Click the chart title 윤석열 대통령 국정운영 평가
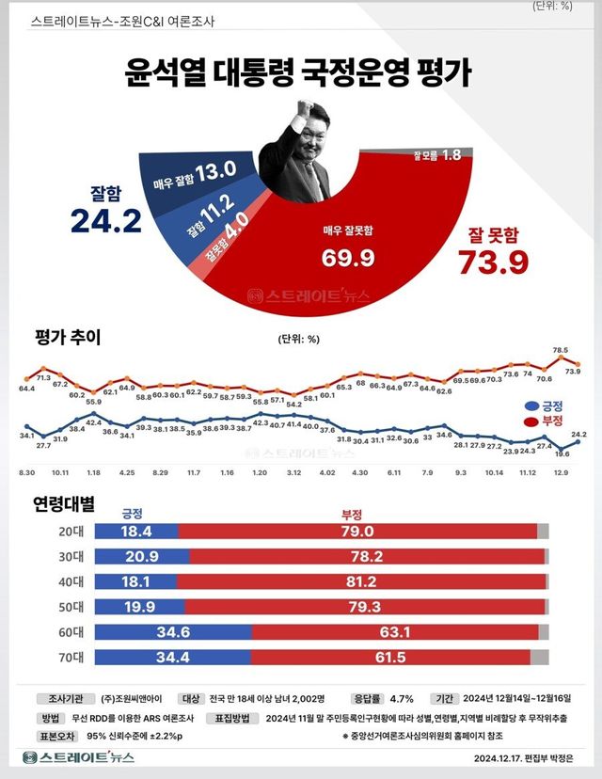pyautogui.click(x=299, y=74)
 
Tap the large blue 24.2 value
pyautogui.click(x=105, y=220)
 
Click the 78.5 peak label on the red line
pyautogui.click(x=561, y=350)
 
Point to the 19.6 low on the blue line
pyautogui.click(x=562, y=453)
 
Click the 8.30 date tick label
pyautogui.click(x=27, y=473)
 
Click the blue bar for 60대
pyautogui.click(x=179, y=629)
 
